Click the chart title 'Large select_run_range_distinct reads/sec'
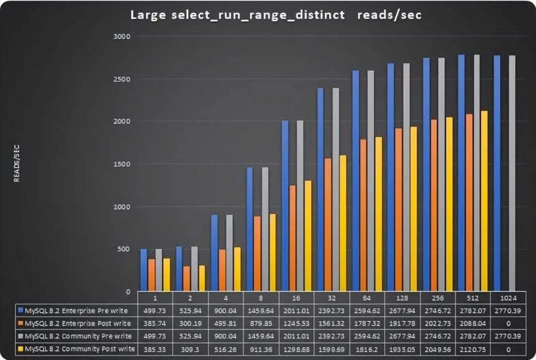tap(276, 15)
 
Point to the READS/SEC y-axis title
tap(17, 164)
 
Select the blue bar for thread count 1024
tap(497, 174)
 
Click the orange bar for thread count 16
tap(292, 239)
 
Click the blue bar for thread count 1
tap(144, 270)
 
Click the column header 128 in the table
tap(402, 298)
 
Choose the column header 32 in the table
tap(331, 298)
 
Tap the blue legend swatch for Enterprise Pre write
tap(20, 311)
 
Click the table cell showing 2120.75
tap(472, 349)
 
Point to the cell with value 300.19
tap(190, 323)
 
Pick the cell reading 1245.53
tap(296, 323)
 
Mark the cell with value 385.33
tap(155, 349)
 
